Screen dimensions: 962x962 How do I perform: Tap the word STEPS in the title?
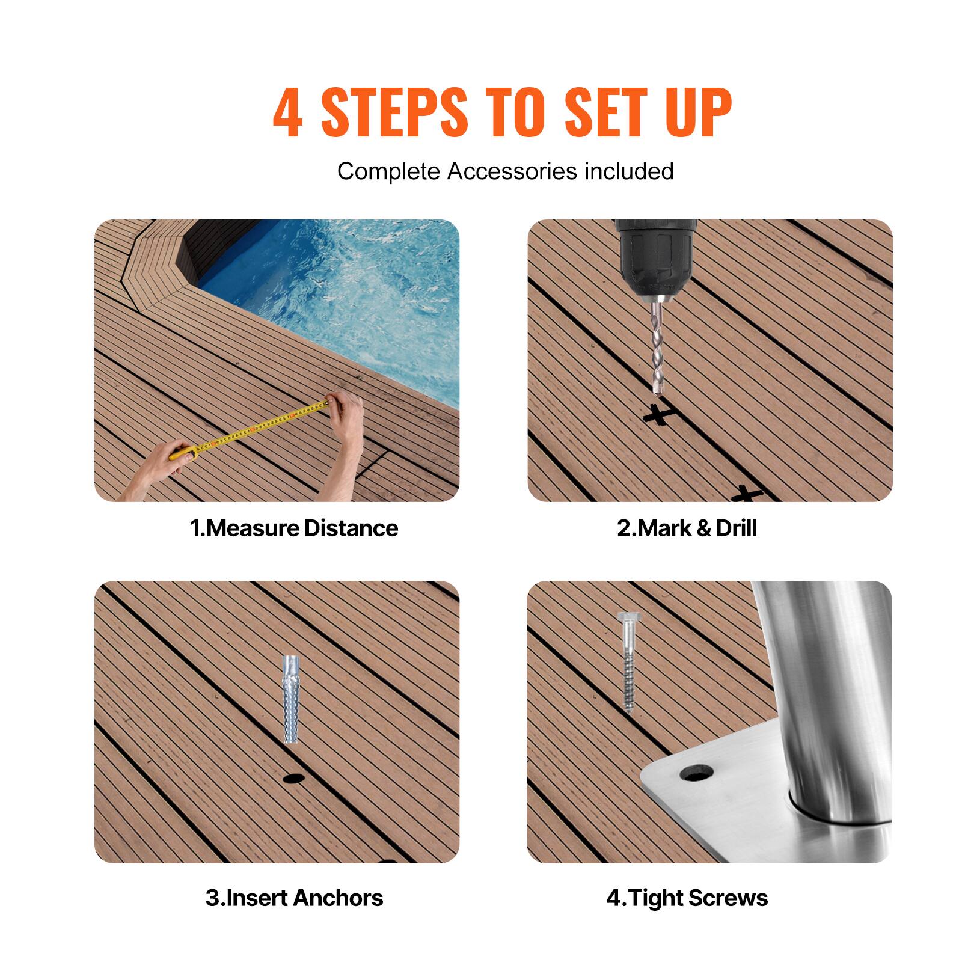[x=394, y=113]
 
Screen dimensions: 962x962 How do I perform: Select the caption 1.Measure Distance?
[x=294, y=528]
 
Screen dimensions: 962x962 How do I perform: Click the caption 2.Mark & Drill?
[x=687, y=528]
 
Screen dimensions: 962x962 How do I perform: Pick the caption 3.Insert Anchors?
[x=294, y=898]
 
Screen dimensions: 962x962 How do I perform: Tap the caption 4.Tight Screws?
[x=687, y=898]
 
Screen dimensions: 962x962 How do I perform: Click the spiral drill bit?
[x=659, y=349]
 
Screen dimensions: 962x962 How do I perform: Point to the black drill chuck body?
[x=655, y=259]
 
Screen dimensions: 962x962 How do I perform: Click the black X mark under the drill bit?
[x=658, y=414]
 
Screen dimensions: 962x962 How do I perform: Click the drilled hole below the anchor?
[x=292, y=779]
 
